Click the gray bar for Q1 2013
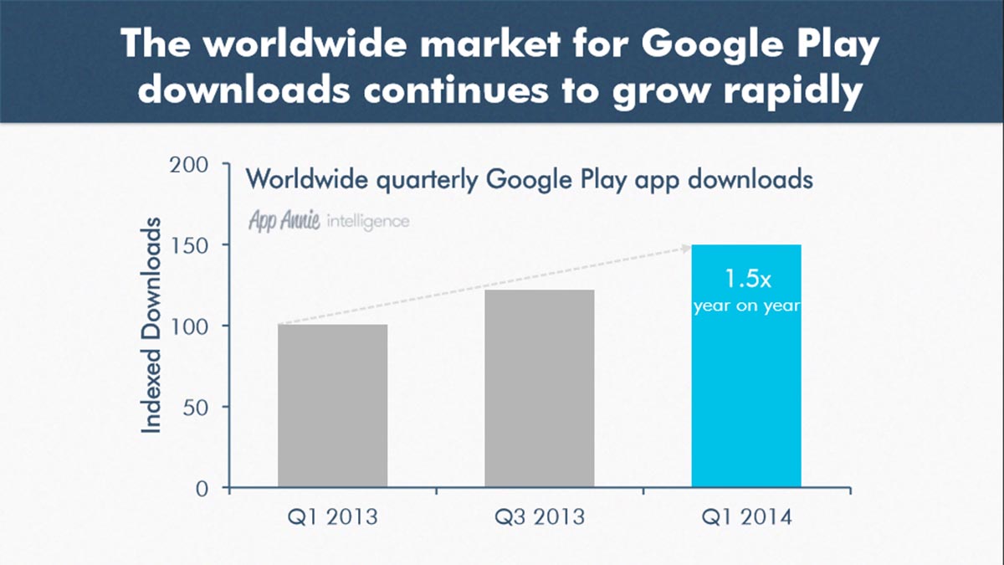pyautogui.click(x=332, y=406)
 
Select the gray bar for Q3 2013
pyautogui.click(x=540, y=389)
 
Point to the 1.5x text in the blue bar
pyautogui.click(x=746, y=279)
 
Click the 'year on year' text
pyautogui.click(x=746, y=306)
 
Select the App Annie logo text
pyautogui.click(x=284, y=221)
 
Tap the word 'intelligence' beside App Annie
pyautogui.click(x=368, y=222)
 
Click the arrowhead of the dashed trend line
pyautogui.click(x=685, y=247)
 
